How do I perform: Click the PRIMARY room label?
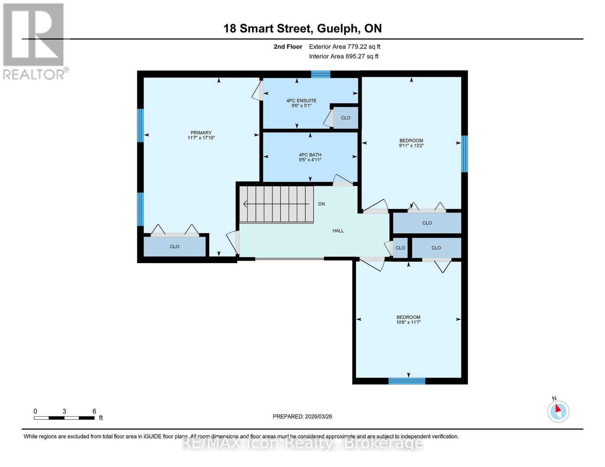click(201, 133)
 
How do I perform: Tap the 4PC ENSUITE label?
click(301, 100)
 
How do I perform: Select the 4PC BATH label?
click(310, 154)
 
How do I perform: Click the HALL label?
click(338, 231)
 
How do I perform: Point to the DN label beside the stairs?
click(321, 204)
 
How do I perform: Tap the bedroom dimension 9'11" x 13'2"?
click(411, 146)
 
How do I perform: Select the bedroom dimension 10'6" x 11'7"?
click(408, 322)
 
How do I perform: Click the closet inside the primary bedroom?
click(175, 247)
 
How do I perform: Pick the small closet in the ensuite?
click(346, 118)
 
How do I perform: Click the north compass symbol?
click(558, 411)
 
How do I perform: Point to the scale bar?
click(64, 418)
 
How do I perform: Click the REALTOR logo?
click(34, 41)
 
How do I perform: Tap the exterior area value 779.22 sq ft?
click(361, 47)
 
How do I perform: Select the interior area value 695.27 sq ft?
click(362, 56)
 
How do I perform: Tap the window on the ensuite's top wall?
click(321, 74)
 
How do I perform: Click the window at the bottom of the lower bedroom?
click(407, 381)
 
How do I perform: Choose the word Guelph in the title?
click(338, 28)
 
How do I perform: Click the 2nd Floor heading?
click(288, 47)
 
